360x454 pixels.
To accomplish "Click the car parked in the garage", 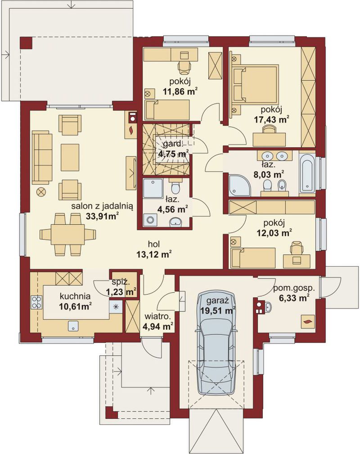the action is click(216, 342).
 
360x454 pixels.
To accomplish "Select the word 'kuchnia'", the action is click(75, 296).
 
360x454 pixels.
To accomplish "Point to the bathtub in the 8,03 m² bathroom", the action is click(307, 173).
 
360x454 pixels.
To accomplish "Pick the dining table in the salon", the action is click(67, 234).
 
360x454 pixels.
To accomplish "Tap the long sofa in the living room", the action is click(42, 157).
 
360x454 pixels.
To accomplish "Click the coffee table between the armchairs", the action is click(70, 158).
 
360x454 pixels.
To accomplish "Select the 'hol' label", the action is click(154, 244).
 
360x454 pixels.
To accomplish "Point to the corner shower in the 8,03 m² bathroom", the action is click(240, 185).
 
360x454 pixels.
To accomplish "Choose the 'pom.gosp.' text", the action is click(293, 289).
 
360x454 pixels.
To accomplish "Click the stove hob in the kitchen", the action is click(36, 302).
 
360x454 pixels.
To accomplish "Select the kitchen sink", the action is click(73, 326).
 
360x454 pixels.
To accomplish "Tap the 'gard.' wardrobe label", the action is click(173, 144).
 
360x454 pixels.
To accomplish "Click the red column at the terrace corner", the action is click(27, 43).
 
